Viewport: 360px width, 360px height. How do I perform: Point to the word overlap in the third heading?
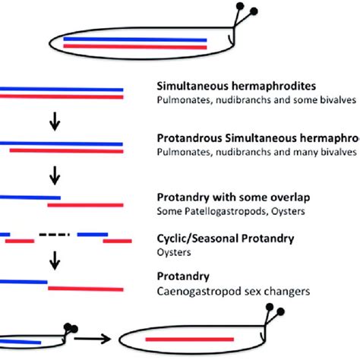(283, 196)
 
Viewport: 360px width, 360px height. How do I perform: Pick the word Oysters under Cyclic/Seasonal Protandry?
(174, 251)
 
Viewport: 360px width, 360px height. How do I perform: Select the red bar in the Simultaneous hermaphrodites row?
(61, 96)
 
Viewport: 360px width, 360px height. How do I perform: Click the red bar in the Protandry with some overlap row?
(84, 204)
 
